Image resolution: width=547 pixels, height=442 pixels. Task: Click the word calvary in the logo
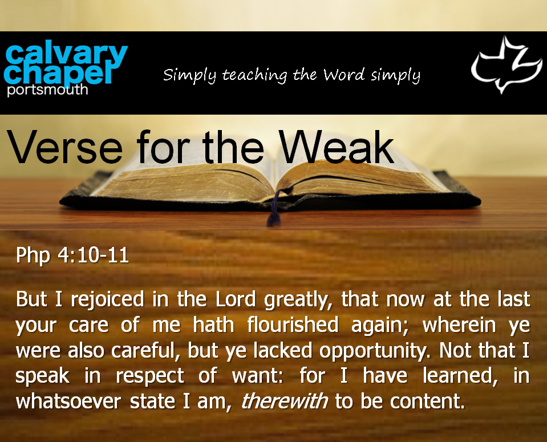66,55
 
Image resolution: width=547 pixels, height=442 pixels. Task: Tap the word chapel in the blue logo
59,72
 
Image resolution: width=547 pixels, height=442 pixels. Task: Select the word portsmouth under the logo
47,90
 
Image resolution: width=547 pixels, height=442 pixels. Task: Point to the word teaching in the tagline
254,75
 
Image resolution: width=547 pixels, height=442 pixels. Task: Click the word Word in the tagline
344,74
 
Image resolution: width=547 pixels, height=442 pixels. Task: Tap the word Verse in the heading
65,147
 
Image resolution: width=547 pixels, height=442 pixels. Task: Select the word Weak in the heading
337,147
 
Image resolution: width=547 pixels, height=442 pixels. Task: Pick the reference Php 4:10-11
72,256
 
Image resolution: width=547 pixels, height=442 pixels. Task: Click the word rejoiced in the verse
107,300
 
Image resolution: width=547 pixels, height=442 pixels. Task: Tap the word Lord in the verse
236,299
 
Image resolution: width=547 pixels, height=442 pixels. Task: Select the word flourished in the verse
293,325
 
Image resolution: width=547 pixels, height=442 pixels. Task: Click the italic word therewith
284,401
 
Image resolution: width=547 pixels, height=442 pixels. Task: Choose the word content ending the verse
428,402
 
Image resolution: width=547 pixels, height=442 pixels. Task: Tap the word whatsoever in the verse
68,401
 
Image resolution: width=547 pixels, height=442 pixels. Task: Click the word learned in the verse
460,376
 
